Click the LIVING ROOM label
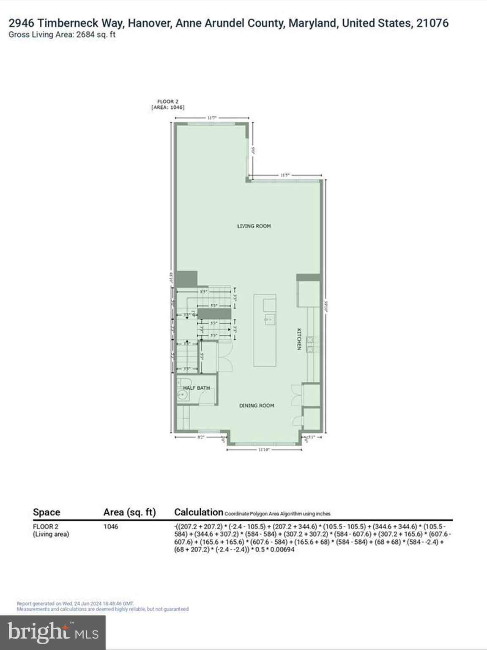pos(254,226)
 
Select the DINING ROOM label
pos(257,405)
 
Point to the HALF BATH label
pos(197,388)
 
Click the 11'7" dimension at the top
pos(212,118)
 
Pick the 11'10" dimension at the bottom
pos(264,449)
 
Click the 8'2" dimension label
pos(201,437)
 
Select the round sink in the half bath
pos(182,396)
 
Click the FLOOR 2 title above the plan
pos(168,102)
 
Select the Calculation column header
pos(198,512)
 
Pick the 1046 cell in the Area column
pos(111,527)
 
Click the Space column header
pos(47,512)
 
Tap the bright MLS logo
pos(53,633)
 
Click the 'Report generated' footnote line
pos(75,603)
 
